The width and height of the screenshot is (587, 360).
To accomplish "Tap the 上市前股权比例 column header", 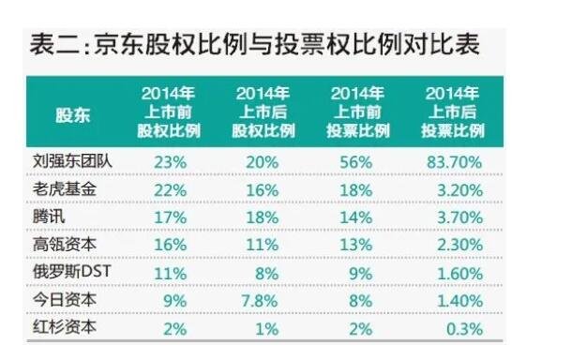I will (x=169, y=113).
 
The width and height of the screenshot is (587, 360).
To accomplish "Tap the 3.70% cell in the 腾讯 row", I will (x=457, y=215).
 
